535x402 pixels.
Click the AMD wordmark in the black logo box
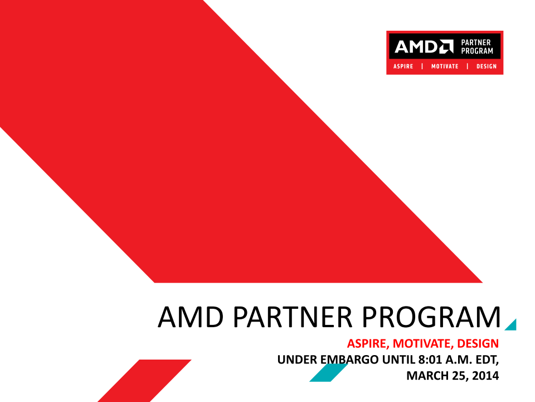click(416, 47)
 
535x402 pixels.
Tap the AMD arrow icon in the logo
click(446, 47)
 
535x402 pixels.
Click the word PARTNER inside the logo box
click(475, 42)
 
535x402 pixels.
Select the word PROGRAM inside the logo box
click(477, 51)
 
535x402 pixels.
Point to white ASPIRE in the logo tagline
click(403, 66)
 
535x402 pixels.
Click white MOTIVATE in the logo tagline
click(445, 66)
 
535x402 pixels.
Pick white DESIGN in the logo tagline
click(486, 66)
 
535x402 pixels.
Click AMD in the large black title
click(191, 317)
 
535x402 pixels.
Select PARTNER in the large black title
click(293, 317)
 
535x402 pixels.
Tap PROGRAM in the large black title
click(431, 317)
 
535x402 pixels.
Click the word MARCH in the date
click(427, 376)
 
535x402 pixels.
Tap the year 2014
click(485, 376)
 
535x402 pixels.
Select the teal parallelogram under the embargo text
click(329, 372)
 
